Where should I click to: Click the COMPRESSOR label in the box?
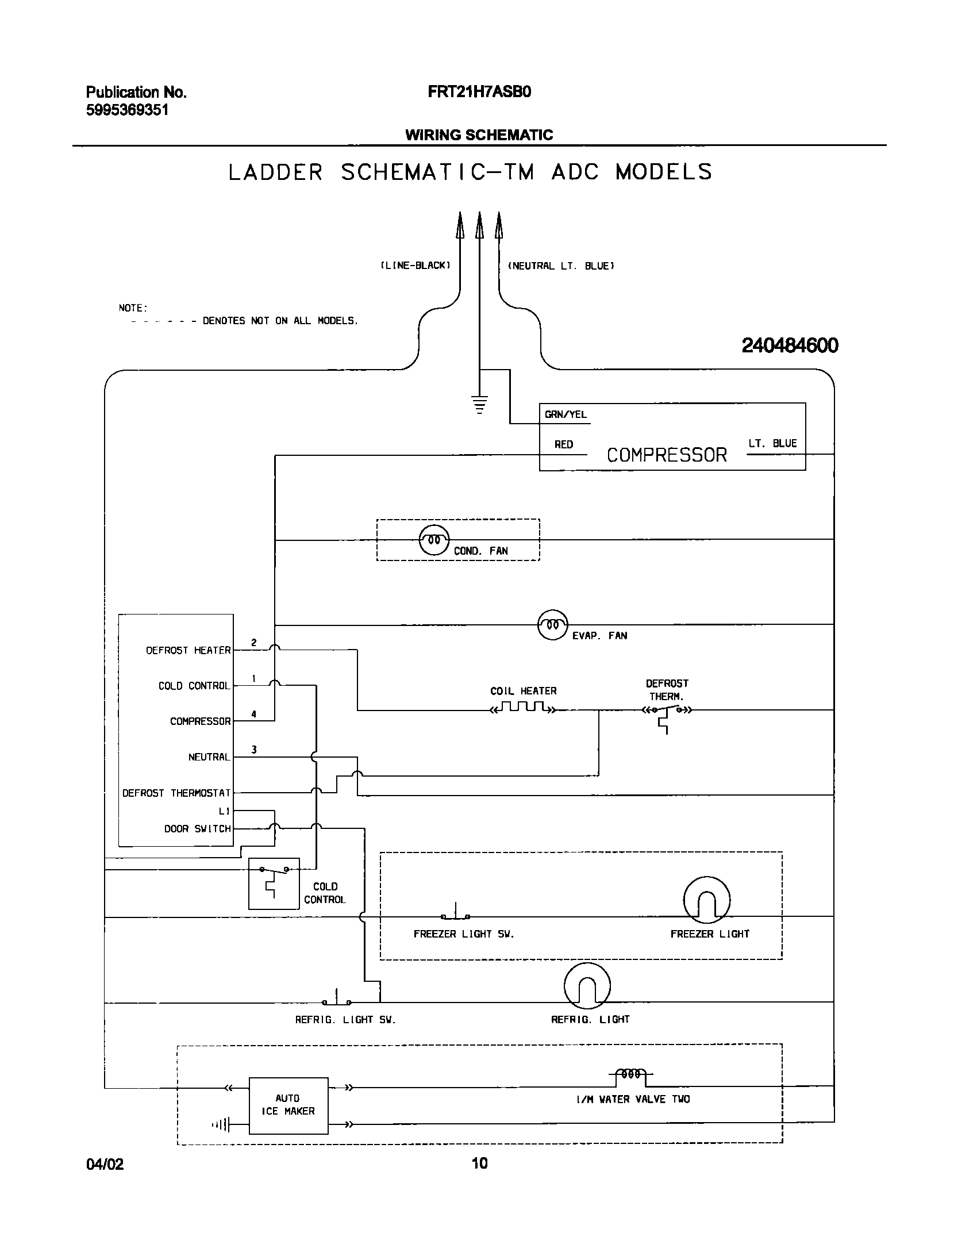tap(667, 455)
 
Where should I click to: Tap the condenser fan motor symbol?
tap(434, 540)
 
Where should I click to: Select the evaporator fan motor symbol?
tap(552, 624)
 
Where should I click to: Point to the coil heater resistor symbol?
tap(522, 707)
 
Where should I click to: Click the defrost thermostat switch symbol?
tap(667, 713)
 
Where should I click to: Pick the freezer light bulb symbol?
tap(707, 901)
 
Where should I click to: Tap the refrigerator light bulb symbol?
tap(587, 986)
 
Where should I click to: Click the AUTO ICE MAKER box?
tap(288, 1105)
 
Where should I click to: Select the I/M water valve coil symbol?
tap(630, 1074)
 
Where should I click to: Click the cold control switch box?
tap(274, 884)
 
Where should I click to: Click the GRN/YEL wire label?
tap(566, 414)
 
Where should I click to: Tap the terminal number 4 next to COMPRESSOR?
tap(253, 715)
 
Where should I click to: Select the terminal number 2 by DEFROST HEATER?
tap(253, 643)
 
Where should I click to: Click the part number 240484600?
tap(790, 345)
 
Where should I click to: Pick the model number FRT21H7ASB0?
tap(479, 92)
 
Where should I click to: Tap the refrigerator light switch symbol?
tap(337, 998)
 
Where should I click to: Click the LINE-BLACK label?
tap(415, 266)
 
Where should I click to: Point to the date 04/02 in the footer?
tap(105, 1164)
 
